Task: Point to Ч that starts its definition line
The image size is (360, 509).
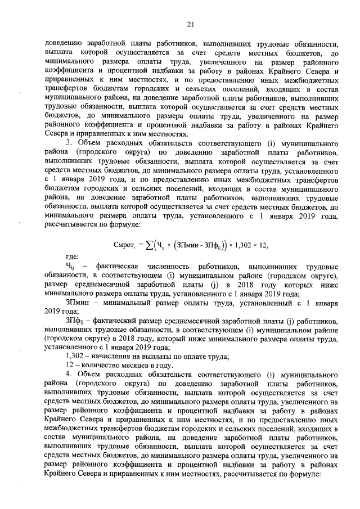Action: click(70, 267)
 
